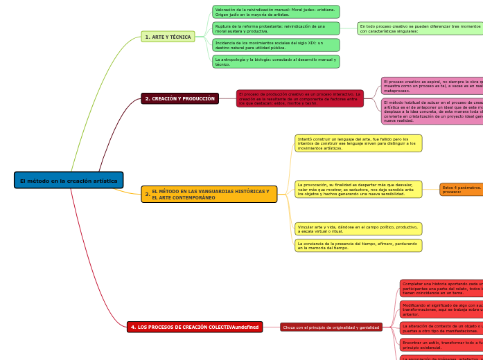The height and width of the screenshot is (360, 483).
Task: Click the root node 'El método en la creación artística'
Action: click(69, 181)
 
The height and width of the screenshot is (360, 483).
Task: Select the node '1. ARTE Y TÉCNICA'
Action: click(168, 37)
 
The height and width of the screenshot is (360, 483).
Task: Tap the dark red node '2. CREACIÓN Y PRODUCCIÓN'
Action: click(179, 99)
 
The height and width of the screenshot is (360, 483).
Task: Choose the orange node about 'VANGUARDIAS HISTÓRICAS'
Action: click(209, 195)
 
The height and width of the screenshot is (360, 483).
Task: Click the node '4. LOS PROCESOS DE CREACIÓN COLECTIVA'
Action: click(194, 327)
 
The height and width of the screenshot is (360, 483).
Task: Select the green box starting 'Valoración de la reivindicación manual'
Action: click(275, 12)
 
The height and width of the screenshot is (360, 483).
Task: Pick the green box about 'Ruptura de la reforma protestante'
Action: click(275, 28)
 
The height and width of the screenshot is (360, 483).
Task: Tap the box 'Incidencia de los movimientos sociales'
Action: click(275, 45)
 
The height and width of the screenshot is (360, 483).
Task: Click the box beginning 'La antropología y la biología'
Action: click(275, 62)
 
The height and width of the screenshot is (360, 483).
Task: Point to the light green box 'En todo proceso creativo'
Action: click(420, 28)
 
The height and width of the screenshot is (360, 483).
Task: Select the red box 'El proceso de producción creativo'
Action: click(299, 98)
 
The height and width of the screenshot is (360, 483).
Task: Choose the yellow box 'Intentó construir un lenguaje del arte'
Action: click(358, 143)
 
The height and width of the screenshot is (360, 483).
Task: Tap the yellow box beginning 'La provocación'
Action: click(358, 190)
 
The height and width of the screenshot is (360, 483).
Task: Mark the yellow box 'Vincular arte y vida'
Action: click(358, 228)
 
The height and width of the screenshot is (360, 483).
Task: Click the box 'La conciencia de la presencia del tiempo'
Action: click(358, 246)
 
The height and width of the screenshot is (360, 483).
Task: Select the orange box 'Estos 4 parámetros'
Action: click(461, 190)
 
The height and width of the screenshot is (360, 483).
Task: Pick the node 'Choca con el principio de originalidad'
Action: click(331, 327)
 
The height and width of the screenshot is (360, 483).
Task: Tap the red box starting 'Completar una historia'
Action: click(441, 288)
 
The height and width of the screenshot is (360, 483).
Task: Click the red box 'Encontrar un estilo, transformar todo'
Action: click(441, 345)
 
